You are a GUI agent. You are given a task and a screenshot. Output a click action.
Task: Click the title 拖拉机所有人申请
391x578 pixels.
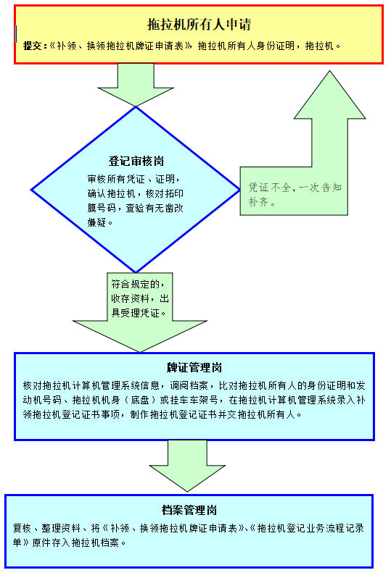point(199,25)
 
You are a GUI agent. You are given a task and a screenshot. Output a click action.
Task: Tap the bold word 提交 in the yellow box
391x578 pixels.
point(33,46)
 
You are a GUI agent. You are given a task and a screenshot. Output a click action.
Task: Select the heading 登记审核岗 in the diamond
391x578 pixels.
point(136,161)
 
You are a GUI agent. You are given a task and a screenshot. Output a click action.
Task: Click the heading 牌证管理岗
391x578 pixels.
point(194,367)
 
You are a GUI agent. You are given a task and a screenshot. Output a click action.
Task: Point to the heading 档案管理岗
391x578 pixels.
point(189,510)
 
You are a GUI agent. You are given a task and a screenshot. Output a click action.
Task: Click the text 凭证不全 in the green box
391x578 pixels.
point(269,188)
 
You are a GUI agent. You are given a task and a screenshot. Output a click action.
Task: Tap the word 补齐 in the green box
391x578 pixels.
point(258,202)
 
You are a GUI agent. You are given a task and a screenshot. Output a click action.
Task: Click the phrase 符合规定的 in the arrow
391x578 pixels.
point(136,284)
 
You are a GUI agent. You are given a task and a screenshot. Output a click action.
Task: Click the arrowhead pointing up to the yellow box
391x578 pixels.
point(330,95)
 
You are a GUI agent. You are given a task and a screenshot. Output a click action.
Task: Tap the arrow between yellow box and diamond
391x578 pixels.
point(136,85)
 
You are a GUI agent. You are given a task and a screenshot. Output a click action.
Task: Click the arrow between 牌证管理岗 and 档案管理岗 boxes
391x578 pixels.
point(187,466)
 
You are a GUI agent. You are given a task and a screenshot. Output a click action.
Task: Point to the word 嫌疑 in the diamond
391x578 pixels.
point(97,222)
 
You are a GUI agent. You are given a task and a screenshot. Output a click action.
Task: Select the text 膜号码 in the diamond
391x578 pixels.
point(102,208)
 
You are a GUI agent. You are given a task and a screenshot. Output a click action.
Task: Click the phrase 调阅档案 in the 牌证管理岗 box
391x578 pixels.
point(189,385)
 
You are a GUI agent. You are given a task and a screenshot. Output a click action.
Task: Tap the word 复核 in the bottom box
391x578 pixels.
point(22,528)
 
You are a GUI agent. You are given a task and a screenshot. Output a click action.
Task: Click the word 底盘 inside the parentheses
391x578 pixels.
point(140,400)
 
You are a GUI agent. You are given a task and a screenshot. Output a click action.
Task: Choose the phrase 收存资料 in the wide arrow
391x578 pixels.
point(131,298)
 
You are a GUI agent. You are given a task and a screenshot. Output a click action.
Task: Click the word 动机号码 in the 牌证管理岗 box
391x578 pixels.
point(42,400)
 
